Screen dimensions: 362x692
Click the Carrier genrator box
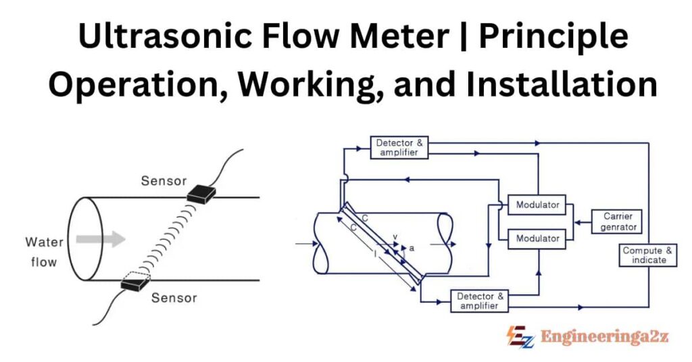tap(616, 221)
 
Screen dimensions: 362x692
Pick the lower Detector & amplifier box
tap(480, 301)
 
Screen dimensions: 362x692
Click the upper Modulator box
tap(537, 205)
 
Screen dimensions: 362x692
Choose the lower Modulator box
tap(537, 238)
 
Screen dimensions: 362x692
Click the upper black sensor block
tap(201, 194)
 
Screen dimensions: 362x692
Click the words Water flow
tap(44, 251)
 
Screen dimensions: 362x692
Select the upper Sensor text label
tap(164, 181)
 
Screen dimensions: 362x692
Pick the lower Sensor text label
tap(174, 298)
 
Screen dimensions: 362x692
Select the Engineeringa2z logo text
tap(605, 336)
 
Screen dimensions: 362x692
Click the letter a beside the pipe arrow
tap(412, 248)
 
